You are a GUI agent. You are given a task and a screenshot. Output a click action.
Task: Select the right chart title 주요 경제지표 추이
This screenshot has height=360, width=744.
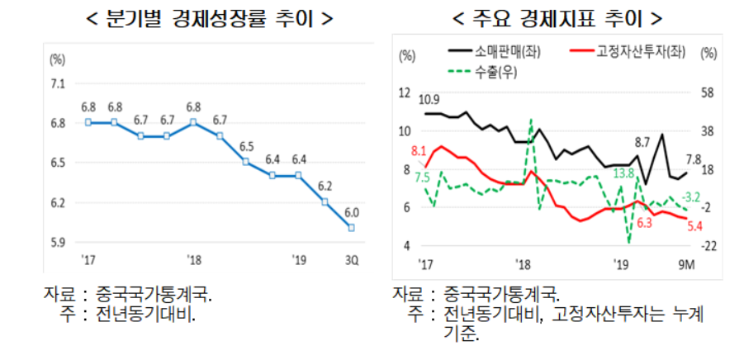pyautogui.click(x=559, y=17)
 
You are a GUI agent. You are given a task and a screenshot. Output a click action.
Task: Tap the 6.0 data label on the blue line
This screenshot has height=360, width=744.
pyautogui.click(x=352, y=211)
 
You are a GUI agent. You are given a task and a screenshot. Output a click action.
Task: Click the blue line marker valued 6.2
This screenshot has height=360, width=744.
pyautogui.click(x=325, y=201)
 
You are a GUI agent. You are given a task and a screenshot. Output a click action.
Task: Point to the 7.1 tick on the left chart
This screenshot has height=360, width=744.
pyautogui.click(x=59, y=83)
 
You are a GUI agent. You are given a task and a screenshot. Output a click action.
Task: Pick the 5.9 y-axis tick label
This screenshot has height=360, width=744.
pyautogui.click(x=59, y=242)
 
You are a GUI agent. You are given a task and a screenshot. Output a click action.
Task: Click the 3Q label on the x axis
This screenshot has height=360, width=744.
pyautogui.click(x=352, y=261)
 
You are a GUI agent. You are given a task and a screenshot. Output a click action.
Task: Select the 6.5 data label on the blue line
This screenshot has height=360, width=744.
pyautogui.click(x=246, y=146)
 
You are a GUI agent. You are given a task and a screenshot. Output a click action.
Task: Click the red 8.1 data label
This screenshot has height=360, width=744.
pyautogui.click(x=418, y=151)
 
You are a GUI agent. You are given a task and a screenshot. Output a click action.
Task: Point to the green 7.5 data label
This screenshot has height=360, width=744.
pyautogui.click(x=422, y=178)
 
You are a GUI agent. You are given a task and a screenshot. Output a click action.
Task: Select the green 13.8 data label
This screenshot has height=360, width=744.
pyautogui.click(x=623, y=173)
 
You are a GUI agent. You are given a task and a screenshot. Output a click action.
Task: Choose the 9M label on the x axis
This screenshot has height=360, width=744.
pyautogui.click(x=686, y=263)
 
